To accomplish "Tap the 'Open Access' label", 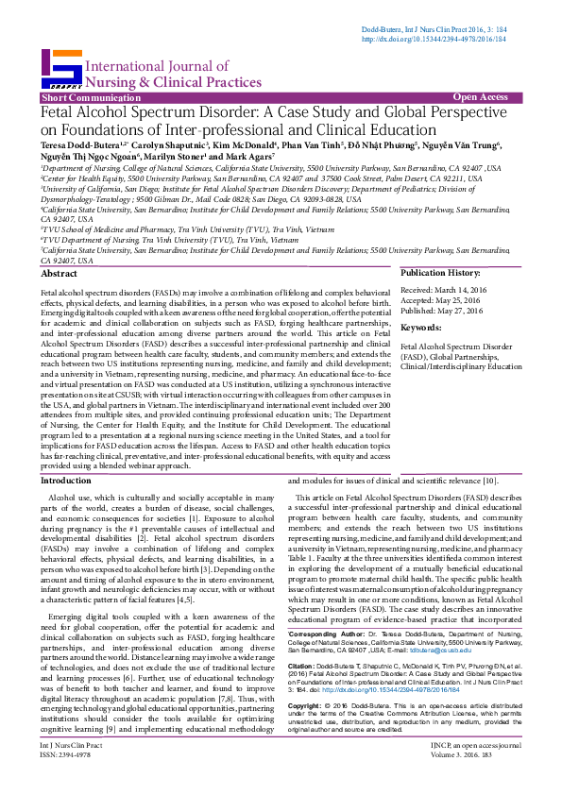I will click(x=480, y=97).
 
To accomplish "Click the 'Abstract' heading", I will click(x=60, y=273).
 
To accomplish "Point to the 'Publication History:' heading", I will click(x=442, y=273).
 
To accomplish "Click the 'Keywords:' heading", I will click(x=421, y=327).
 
